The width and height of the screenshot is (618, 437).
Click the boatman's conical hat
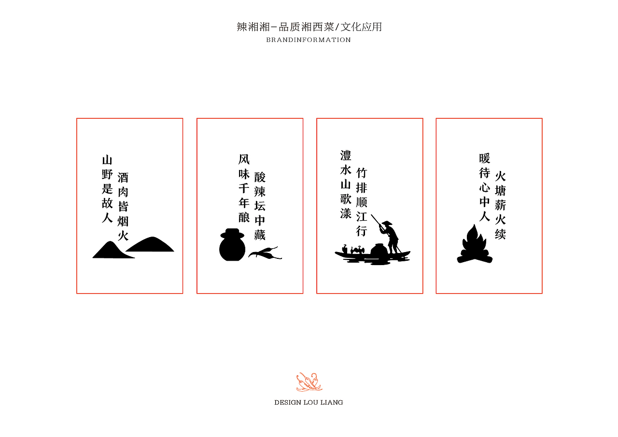tap(386, 223)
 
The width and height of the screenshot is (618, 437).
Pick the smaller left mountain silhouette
tap(112, 251)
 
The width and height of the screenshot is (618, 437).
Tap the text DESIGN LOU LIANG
tap(309, 402)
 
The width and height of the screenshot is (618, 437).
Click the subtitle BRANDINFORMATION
tap(309, 40)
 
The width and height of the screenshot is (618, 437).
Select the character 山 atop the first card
tap(107, 160)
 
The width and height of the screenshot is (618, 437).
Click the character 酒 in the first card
tap(123, 178)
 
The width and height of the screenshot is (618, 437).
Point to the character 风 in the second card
tap(244, 159)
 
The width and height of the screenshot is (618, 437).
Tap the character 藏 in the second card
tap(260, 235)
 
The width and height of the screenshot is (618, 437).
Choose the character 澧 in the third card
tap(346, 155)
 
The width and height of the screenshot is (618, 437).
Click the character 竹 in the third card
tap(362, 173)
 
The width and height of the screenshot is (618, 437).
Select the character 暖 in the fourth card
tap(485, 158)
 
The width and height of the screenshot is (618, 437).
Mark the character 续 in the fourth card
tap(501, 234)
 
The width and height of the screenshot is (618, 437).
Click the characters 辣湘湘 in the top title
tap(253, 27)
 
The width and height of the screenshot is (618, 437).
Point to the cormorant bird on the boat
tap(358, 250)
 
